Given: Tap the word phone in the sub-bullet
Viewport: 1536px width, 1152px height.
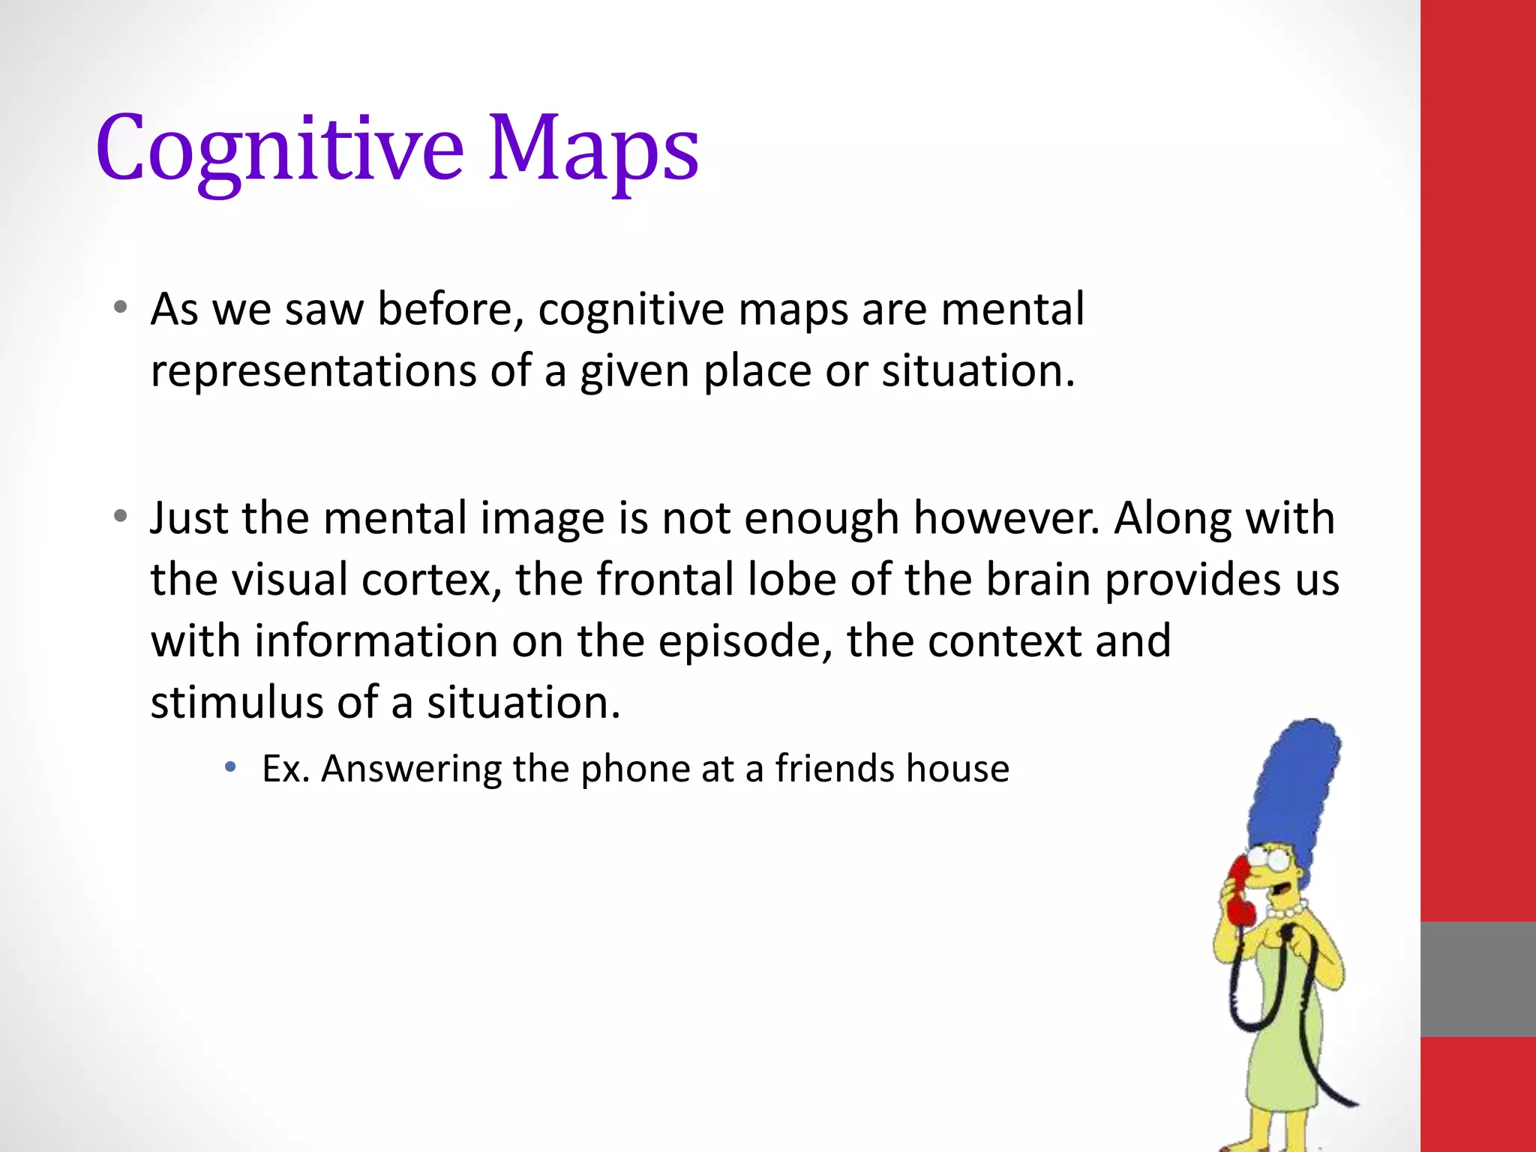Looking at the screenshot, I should [x=634, y=769].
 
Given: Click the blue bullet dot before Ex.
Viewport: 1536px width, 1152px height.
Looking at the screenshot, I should [x=231, y=766].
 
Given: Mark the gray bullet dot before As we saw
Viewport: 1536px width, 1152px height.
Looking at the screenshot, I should [x=120, y=307].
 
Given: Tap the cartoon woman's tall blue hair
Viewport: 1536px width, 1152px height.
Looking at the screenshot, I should [x=1297, y=787].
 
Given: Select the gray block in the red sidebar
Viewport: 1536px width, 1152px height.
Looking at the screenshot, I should [x=1477, y=979].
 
